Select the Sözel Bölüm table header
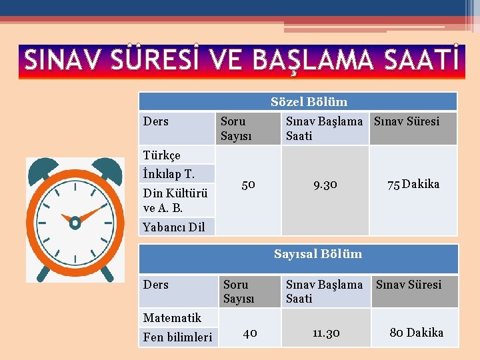pos(309,102)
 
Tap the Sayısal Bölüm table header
pos(317,254)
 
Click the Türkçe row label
pos(162,155)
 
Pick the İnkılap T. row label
pos(169,174)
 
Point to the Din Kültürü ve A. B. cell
pos(175,201)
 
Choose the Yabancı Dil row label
pos(174,227)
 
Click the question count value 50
pos(248,185)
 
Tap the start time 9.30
pos(325,185)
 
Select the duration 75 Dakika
pos(413,185)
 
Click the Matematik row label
pos(172,318)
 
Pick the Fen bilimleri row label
pos(177,337)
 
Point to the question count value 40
pos(250,333)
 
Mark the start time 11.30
pos(327,333)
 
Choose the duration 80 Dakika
pos(416,333)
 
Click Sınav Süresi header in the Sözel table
pos(407,121)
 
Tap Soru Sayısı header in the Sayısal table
pos(239,291)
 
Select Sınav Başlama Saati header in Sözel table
pos(324,128)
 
